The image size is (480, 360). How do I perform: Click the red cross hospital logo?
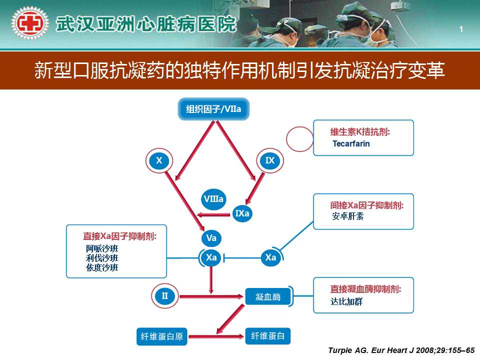tap(29, 23)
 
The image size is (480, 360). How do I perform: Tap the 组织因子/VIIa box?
tap(213, 109)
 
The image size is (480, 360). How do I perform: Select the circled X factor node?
tap(159, 160)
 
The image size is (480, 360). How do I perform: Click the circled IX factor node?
tap(270, 160)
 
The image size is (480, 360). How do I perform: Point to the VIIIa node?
tap(213, 199)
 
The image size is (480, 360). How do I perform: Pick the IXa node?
tap(242, 213)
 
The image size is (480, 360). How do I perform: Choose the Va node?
tap(211, 238)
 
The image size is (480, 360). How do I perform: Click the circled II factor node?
tap(165, 296)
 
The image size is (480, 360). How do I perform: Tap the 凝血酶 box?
tap(268, 296)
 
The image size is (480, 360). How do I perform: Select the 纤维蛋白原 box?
tap(162, 336)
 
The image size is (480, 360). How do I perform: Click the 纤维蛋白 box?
tap(268, 336)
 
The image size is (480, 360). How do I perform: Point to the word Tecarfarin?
tap(351, 143)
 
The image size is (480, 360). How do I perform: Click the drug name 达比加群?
tap(346, 301)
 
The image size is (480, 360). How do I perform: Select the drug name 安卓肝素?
tap(348, 216)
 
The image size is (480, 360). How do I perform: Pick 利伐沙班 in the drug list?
tap(102, 258)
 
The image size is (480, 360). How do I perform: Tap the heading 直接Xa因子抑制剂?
tap(119, 236)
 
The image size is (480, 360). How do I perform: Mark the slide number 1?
tap(461, 29)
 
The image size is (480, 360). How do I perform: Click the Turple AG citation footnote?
tap(401, 350)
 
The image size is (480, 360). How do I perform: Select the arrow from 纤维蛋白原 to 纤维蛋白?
tap(216, 336)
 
